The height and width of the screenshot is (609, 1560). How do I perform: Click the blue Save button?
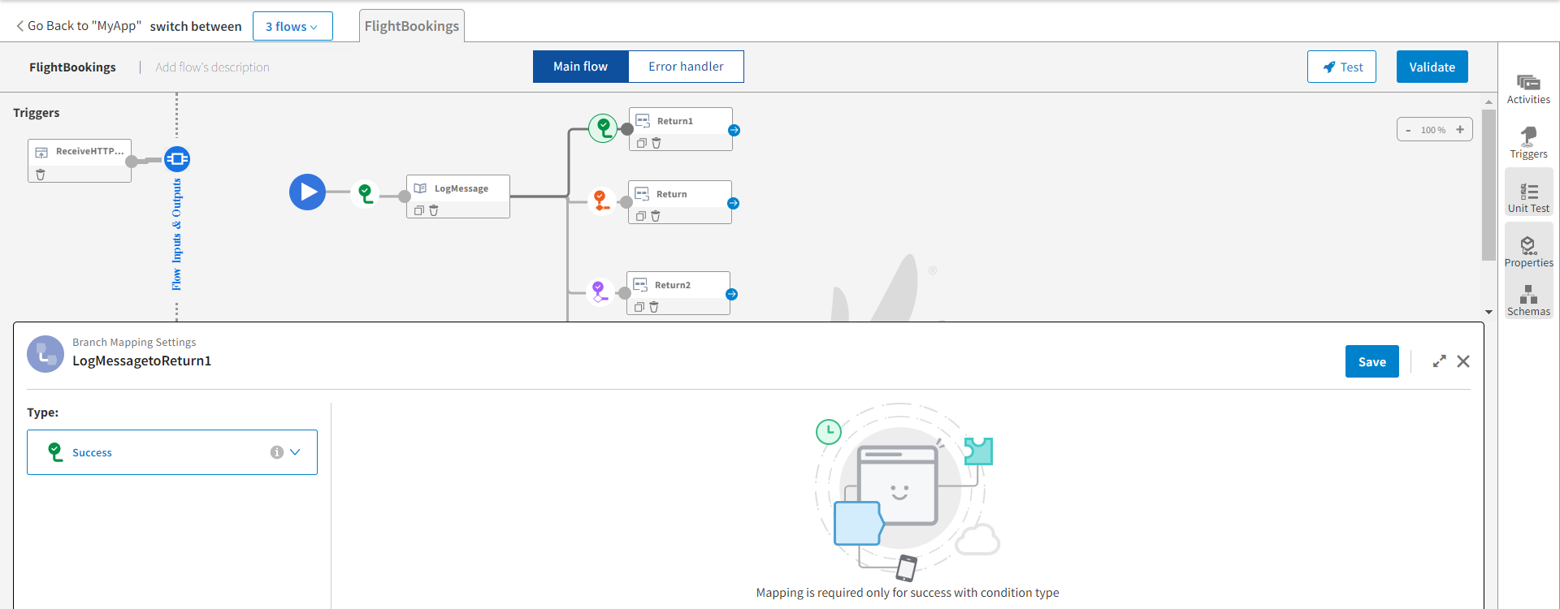(1371, 362)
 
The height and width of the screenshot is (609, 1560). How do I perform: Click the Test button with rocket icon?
(1341, 67)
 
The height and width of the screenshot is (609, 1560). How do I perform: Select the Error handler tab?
(686, 67)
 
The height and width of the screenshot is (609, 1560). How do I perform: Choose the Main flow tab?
(580, 67)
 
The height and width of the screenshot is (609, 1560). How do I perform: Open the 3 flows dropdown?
(292, 27)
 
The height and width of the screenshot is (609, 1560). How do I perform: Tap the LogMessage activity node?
(461, 189)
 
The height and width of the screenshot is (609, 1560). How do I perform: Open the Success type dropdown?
(172, 452)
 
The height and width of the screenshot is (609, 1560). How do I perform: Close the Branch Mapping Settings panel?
(1463, 361)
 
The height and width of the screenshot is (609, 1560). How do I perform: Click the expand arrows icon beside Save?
(1439, 361)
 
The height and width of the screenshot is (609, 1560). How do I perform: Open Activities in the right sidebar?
(1528, 89)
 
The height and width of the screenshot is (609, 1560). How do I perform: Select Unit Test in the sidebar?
(1528, 197)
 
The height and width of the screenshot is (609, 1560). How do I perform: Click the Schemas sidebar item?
(1528, 300)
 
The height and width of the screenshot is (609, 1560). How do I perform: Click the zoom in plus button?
(1460, 130)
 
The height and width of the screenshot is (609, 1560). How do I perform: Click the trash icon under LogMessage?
(434, 210)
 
